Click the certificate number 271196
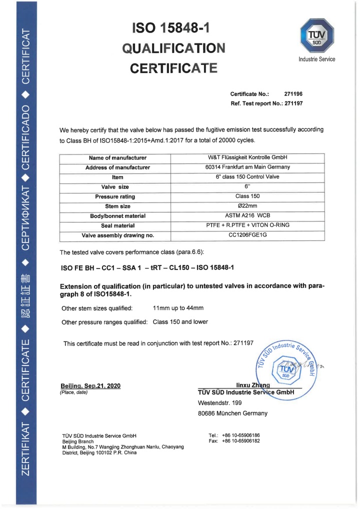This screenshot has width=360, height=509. click(293, 94)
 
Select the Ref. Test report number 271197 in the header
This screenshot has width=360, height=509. click(293, 103)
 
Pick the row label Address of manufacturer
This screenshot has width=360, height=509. click(117, 167)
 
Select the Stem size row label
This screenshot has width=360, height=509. click(117, 206)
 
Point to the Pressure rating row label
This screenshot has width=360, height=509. click(117, 196)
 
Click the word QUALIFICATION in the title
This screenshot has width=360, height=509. click(173, 48)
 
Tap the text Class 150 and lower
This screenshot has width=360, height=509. click(180, 322)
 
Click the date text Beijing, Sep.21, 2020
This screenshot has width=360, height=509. click(90, 385)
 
